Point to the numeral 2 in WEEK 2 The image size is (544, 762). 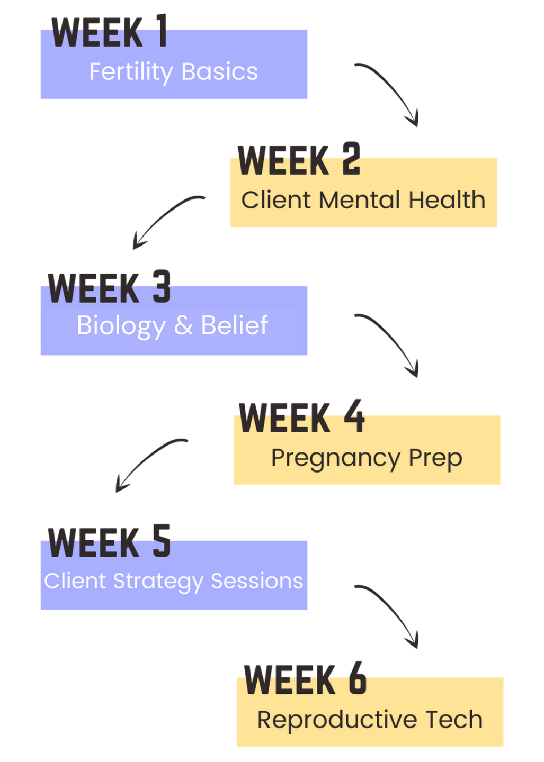[351, 158]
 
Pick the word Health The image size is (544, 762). [447, 200]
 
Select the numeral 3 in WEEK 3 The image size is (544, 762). [162, 286]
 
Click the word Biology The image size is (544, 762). [121, 325]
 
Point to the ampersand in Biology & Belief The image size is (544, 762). [183, 325]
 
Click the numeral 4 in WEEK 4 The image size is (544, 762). [354, 416]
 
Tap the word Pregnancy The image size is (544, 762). [335, 458]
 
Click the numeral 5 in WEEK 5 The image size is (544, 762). [162, 541]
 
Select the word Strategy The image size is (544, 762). [158, 582]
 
